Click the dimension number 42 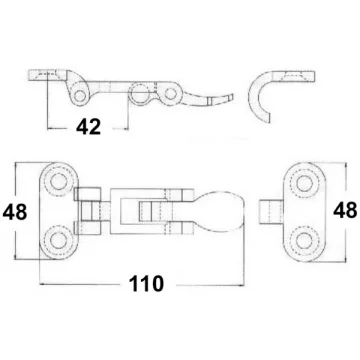pyautogui.click(x=88, y=127)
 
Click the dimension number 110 pyautogui.click(x=147, y=284)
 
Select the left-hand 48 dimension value pyautogui.click(x=15, y=212)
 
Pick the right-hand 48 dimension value pyautogui.click(x=345, y=211)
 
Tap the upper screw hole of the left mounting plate pyautogui.click(x=59, y=181)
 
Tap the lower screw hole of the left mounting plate pyautogui.click(x=59, y=240)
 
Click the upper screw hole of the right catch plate pyautogui.click(x=304, y=184)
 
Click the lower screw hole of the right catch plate pyautogui.click(x=304, y=241)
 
